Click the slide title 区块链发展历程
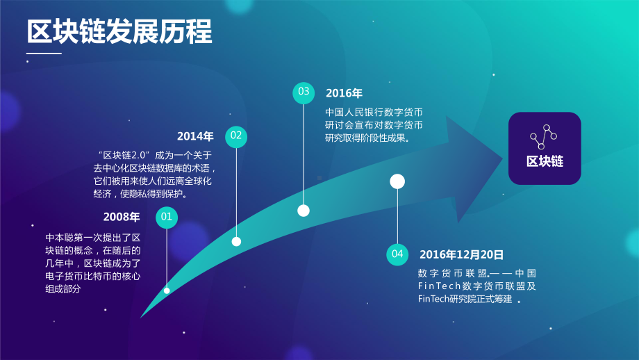(x=119, y=33)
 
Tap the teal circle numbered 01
(x=167, y=218)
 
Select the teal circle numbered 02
(x=236, y=136)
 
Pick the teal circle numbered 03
(x=304, y=92)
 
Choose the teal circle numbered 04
(x=397, y=254)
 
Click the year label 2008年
(x=122, y=218)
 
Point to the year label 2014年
(x=195, y=136)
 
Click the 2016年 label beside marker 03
(x=344, y=93)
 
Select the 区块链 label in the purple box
(x=545, y=162)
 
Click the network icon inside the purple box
(x=545, y=136)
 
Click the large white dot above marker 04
(x=397, y=182)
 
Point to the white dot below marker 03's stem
(x=304, y=211)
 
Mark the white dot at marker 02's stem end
(x=236, y=242)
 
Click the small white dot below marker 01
(x=167, y=291)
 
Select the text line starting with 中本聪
(x=93, y=237)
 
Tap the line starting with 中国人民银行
(x=374, y=113)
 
